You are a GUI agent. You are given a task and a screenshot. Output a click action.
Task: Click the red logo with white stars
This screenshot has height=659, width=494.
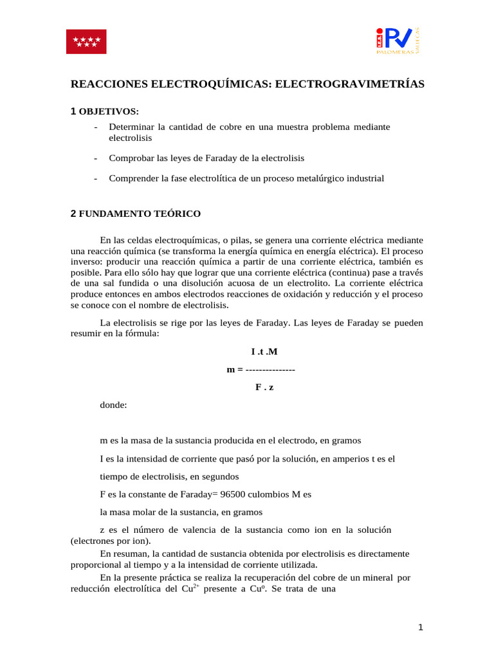coord(87,41)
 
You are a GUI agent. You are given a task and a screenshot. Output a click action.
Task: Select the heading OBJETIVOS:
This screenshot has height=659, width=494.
coord(109,112)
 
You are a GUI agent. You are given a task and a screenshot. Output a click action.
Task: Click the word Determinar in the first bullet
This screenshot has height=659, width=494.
coord(132,127)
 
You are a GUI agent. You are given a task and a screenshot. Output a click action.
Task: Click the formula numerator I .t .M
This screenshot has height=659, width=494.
coord(264,351)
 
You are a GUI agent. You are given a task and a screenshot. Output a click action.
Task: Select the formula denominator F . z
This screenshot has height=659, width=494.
coord(264,387)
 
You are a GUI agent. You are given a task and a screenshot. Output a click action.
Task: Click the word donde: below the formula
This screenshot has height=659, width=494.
coord(113,405)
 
